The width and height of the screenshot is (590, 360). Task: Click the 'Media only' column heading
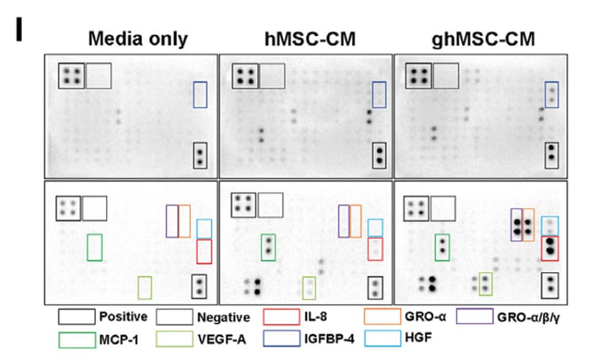pyautogui.click(x=138, y=39)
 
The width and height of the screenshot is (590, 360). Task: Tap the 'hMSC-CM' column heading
pyautogui.click(x=310, y=39)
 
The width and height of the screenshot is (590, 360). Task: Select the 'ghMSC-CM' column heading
pyautogui.click(x=483, y=40)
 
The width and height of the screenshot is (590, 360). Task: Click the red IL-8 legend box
pyautogui.click(x=282, y=311)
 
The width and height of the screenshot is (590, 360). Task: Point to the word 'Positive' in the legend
pyautogui.click(x=123, y=316)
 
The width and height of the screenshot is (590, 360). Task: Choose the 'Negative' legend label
pyautogui.click(x=223, y=317)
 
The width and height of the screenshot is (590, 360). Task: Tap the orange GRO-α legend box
pyautogui.click(x=383, y=310)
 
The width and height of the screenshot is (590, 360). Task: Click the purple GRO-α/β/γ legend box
pyautogui.click(x=475, y=310)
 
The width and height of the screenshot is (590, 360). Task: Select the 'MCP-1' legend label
pyautogui.click(x=119, y=340)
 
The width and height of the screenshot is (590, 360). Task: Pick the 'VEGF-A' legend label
pyautogui.click(x=222, y=339)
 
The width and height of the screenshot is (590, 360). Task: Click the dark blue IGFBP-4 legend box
pyautogui.click(x=282, y=332)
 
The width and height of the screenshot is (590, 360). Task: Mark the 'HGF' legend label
pyautogui.click(x=418, y=337)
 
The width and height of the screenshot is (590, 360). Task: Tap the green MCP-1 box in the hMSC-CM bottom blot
pyautogui.click(x=262, y=247)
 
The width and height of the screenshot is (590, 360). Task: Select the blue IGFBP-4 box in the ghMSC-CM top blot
pyautogui.click(x=546, y=94)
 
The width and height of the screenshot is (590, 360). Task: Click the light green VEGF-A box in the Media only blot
pyautogui.click(x=139, y=288)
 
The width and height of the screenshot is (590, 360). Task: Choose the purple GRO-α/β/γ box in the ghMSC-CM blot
pyautogui.click(x=511, y=225)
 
